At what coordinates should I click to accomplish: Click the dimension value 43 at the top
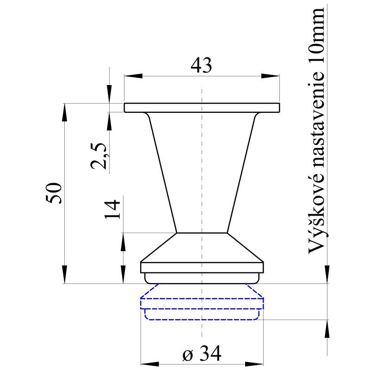pos(201,66)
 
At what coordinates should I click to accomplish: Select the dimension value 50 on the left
pos(54,193)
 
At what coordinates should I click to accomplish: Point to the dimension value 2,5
pos(100,156)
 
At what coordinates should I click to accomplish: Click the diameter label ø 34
pos(202,354)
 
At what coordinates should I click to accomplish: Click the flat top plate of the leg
pos(202,107)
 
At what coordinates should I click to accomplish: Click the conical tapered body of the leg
pos(202,176)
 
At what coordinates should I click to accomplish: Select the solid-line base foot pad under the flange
pos(202,278)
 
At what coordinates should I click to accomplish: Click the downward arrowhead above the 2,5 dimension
pos(109,95)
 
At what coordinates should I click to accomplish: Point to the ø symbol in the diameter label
pos(187,355)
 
